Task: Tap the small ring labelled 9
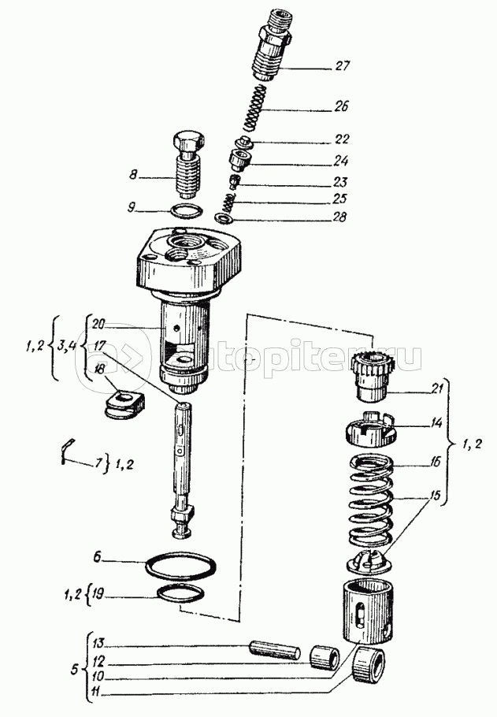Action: click(185, 210)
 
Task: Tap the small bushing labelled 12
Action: click(325, 656)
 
